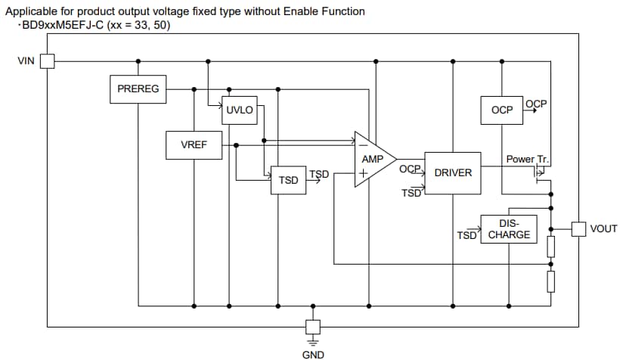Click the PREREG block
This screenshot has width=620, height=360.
138,88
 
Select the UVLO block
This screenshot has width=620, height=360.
239,110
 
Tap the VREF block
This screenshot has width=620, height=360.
194,144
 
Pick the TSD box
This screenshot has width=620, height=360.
288,180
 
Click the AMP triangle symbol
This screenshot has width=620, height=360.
373,159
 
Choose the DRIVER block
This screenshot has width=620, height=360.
452,172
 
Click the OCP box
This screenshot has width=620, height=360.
501,110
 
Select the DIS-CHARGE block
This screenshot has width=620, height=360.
509,229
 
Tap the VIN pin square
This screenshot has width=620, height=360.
48,61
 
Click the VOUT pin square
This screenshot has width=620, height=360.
578,228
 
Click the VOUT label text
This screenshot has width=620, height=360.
603,228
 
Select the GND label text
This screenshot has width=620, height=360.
313,354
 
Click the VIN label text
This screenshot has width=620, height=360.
25,61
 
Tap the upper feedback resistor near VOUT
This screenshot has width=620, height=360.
551,246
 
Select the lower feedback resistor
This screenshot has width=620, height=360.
551,281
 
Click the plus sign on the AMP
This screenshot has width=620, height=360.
363,172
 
